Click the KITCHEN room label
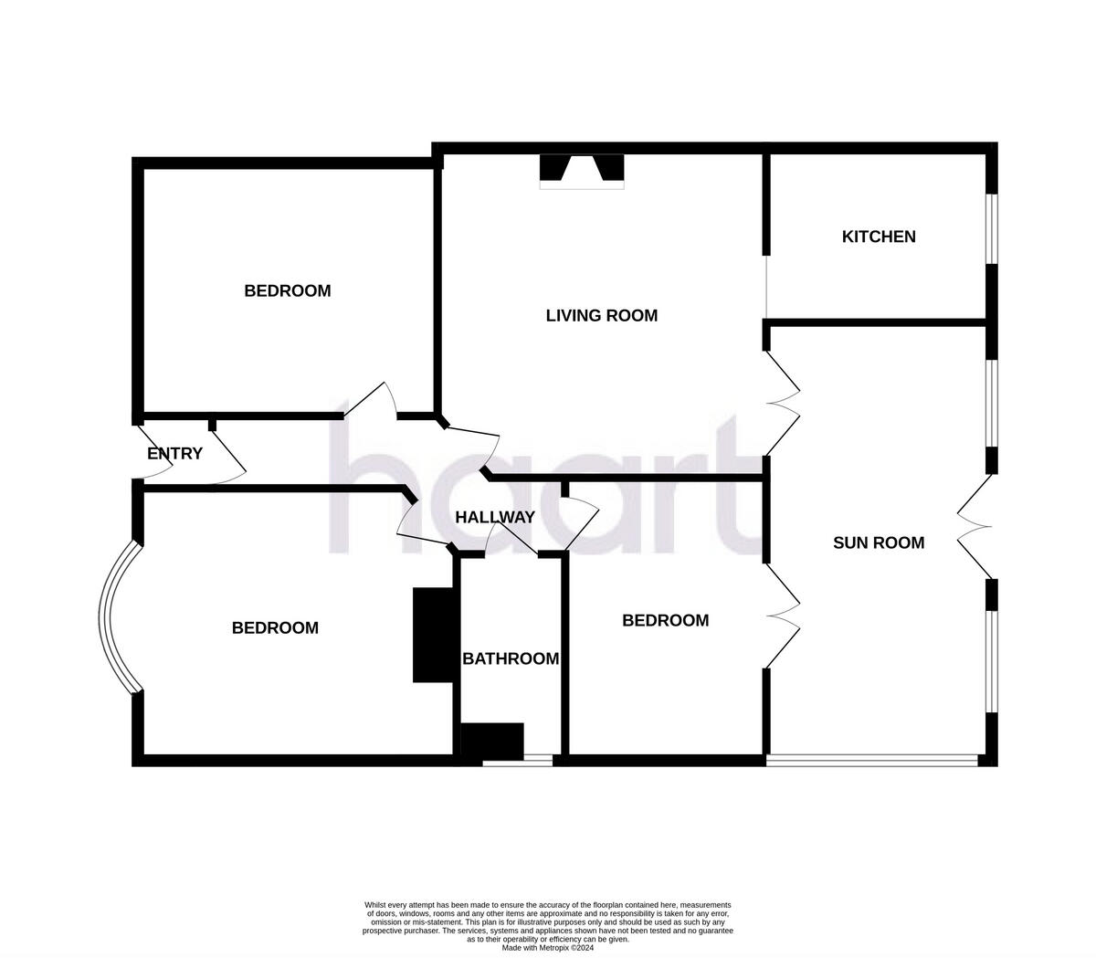(879, 237)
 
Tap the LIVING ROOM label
(602, 316)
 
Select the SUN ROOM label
(879, 543)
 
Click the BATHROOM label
(511, 658)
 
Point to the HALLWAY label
(495, 517)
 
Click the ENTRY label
(174, 454)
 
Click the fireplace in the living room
(582, 172)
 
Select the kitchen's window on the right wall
(992, 228)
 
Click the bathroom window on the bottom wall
(518, 761)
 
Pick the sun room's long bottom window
(872, 761)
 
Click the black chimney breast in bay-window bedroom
(434, 635)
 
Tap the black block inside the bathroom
(492, 742)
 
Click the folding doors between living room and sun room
(783, 404)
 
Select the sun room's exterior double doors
(975, 526)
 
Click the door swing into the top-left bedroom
(371, 400)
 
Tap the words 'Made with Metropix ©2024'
(547, 948)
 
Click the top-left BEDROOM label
(287, 291)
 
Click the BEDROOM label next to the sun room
(665, 621)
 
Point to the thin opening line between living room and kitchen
(766, 287)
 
